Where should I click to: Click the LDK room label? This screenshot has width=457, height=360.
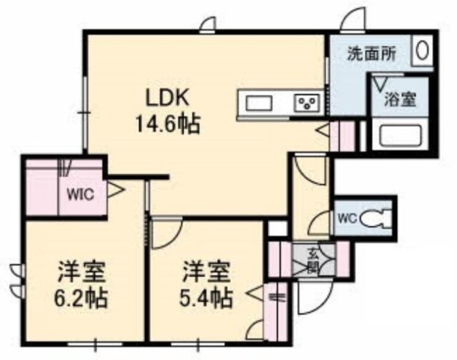pyautogui.click(x=167, y=99)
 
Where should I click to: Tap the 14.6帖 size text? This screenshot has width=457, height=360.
pyautogui.click(x=167, y=124)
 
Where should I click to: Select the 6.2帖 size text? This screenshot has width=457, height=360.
pyautogui.click(x=81, y=298)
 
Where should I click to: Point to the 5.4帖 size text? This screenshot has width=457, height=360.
pyautogui.click(x=206, y=298)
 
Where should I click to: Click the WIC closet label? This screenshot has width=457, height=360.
pyautogui.click(x=81, y=194)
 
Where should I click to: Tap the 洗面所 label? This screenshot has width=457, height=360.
pyautogui.click(x=371, y=54)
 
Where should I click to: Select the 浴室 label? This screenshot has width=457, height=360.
pyautogui.click(x=400, y=99)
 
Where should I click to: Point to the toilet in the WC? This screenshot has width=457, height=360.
pyautogui.click(x=375, y=219)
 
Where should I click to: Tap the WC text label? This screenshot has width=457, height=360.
pyautogui.click(x=347, y=219)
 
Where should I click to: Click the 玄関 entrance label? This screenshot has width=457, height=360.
pyautogui.click(x=313, y=260)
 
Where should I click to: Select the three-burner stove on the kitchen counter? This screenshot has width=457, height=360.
pyautogui.click(x=308, y=103)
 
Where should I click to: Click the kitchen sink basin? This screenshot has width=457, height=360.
pyautogui.click(x=259, y=103)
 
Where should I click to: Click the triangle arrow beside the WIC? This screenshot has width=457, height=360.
pyautogui.click(x=115, y=190)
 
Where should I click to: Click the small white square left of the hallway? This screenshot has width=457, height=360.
pyautogui.click(x=278, y=229)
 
